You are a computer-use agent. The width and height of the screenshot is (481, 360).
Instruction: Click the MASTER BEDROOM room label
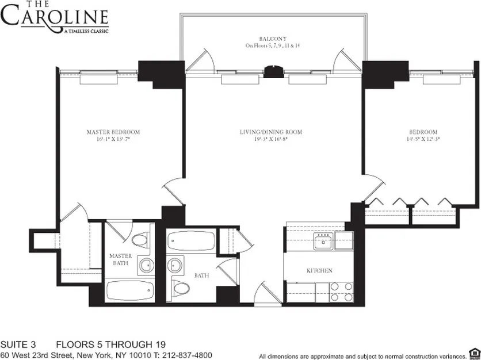click(113, 132)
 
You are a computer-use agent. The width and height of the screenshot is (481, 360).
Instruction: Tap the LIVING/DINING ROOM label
click(270, 132)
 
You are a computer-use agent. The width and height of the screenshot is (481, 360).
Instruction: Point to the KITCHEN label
click(319, 270)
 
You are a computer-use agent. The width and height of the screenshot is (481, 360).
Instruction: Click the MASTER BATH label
click(121, 260)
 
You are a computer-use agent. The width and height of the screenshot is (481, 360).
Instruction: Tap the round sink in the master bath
click(146, 265)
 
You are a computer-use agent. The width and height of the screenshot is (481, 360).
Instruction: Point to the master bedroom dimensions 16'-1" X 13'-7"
click(113, 140)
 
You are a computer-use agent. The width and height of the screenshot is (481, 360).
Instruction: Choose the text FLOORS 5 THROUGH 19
click(106, 344)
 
